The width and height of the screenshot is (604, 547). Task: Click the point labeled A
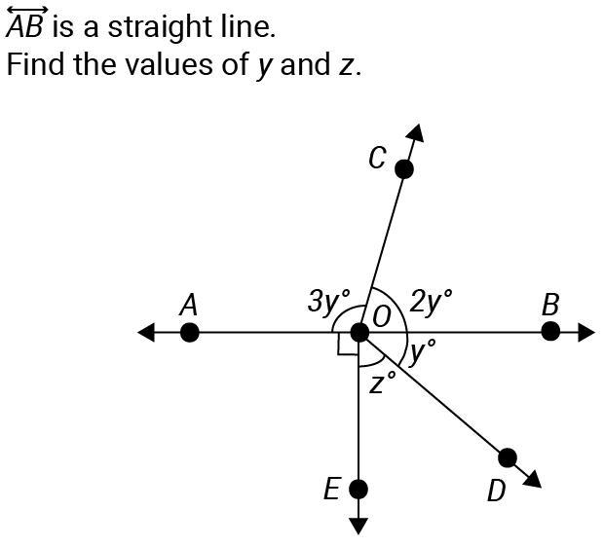pos(190,333)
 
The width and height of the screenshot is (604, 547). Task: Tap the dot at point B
pos(550,332)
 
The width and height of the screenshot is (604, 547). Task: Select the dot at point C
pos(404,169)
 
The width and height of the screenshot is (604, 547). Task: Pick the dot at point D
pos(508,457)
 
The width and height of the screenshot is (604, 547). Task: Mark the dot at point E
pos(359,489)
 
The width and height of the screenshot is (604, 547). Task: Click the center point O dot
pos(359,333)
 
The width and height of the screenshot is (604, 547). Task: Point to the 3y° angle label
pos(329,301)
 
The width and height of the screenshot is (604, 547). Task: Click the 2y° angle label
pos(431,301)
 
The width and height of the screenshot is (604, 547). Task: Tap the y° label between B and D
pos(423,351)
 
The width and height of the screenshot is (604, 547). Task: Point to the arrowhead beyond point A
pos(146,332)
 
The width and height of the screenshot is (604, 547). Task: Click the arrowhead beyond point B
pos(586,332)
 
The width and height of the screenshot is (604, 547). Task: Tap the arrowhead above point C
pos(416,133)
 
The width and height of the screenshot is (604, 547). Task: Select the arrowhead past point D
pos(533,480)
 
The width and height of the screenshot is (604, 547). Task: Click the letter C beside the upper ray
pos(377,158)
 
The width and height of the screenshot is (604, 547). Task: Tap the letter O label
pos(382,317)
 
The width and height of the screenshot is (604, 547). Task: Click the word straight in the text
pos(160,28)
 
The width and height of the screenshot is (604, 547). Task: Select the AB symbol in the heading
pos(26,22)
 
